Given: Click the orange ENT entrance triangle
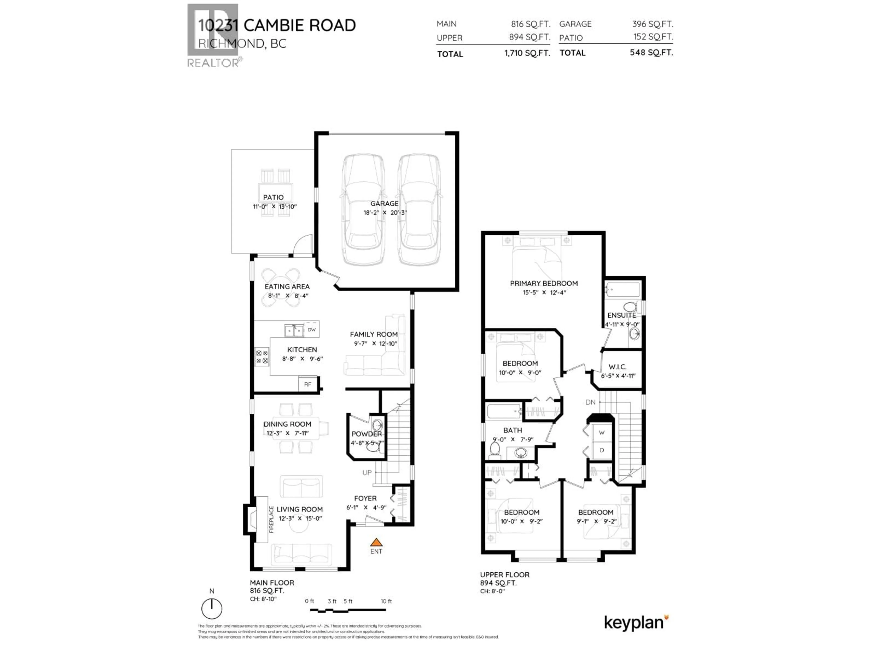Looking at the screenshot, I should pos(376,542).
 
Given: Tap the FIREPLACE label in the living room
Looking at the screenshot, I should pos(271,519).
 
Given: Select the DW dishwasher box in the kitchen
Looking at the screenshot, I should pos(311,329).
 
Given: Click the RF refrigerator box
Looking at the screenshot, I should pos(308,384).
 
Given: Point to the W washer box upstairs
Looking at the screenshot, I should pos(601,433).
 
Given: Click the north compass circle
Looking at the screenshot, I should pos(212,609).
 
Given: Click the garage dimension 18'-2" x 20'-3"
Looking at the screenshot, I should pos(385,213).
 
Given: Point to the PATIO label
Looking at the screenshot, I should pos(273,197).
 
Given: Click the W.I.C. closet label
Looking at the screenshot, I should pos(618,367).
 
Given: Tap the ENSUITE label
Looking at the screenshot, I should pos(622,315).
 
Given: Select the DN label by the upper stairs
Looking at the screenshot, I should pos(590,402).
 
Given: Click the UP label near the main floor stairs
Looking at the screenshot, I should pos(367,472).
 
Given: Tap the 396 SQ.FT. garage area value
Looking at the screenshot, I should pos(652,24).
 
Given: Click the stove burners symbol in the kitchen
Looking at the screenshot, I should pos(261,357).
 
